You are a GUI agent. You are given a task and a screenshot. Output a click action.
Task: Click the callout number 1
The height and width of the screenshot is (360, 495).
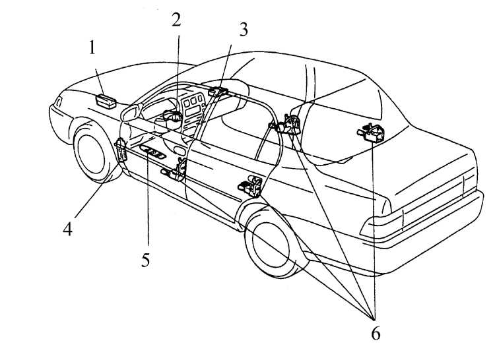pos(92,48)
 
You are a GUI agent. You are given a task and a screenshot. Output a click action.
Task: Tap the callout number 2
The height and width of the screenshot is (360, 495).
pos(176,20)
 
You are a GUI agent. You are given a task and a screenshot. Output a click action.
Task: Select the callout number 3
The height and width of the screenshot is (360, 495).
pos(243,29)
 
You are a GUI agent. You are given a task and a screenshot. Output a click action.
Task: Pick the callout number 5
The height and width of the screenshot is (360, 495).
pos(145,260)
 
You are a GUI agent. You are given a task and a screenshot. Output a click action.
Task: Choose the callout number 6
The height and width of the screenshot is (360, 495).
pos(376,333)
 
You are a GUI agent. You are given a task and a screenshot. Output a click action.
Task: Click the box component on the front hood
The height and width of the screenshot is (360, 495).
pos(106,101)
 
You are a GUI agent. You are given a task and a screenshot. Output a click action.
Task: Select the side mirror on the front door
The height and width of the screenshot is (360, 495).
pos(130,113)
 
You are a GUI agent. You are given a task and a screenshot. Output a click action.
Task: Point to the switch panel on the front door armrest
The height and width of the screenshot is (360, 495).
pos(153,152)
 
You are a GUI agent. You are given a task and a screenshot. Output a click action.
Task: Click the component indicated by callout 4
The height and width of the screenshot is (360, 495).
pos(121,150)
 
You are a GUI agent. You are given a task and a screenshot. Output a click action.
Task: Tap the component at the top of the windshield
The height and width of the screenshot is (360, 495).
pos(218,92)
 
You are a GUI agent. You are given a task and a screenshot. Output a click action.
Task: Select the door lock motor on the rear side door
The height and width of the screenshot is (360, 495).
pos(251,187)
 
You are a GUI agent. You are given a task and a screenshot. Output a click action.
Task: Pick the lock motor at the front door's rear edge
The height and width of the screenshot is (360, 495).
pos(174,171)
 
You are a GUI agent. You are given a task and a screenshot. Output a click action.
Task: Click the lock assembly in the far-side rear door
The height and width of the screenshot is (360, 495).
pos(371,133)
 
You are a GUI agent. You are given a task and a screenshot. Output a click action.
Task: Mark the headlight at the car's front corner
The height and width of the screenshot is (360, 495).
pos(58,102)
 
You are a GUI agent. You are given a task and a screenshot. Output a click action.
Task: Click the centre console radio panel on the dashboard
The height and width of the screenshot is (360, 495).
pos(193,111)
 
